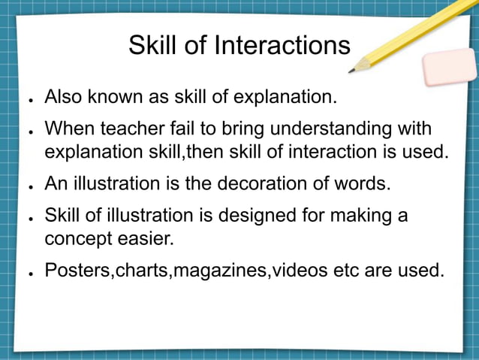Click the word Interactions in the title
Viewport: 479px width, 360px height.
point(282,46)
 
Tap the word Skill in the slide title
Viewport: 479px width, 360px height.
point(152,46)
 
